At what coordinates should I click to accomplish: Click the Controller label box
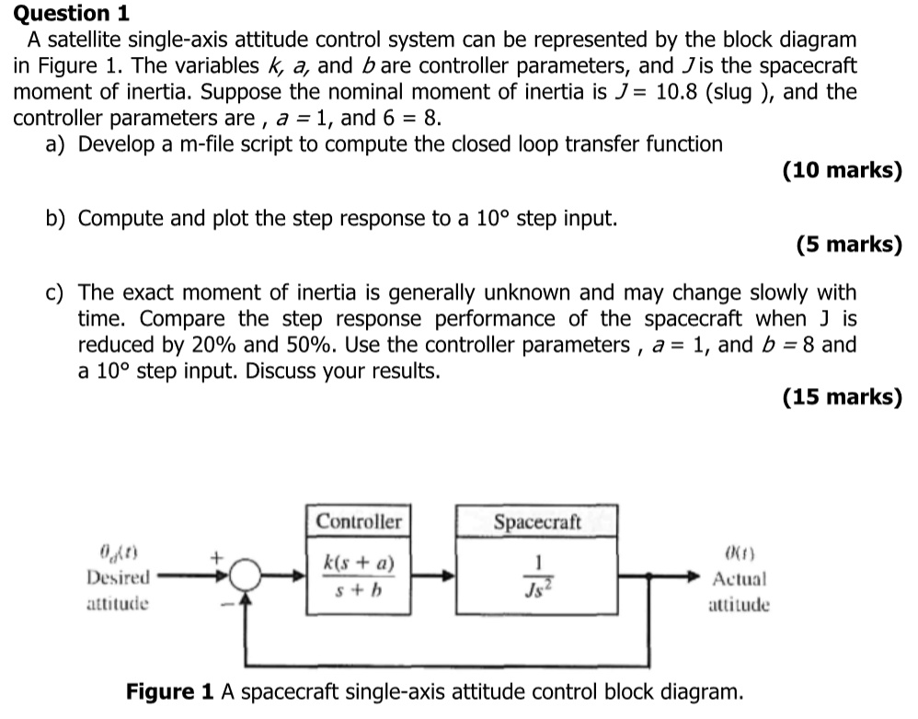[359, 521]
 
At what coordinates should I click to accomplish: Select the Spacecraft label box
[537, 521]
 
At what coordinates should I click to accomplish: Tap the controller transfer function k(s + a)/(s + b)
[359, 576]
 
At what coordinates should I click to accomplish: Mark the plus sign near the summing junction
[217, 556]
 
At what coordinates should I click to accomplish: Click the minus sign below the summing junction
[221, 604]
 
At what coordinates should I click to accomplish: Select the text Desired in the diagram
[118, 578]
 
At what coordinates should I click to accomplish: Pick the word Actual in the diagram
[740, 578]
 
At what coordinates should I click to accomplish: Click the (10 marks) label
[841, 170]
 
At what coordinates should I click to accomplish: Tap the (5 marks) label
[848, 244]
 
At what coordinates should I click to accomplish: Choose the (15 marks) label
[841, 396]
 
